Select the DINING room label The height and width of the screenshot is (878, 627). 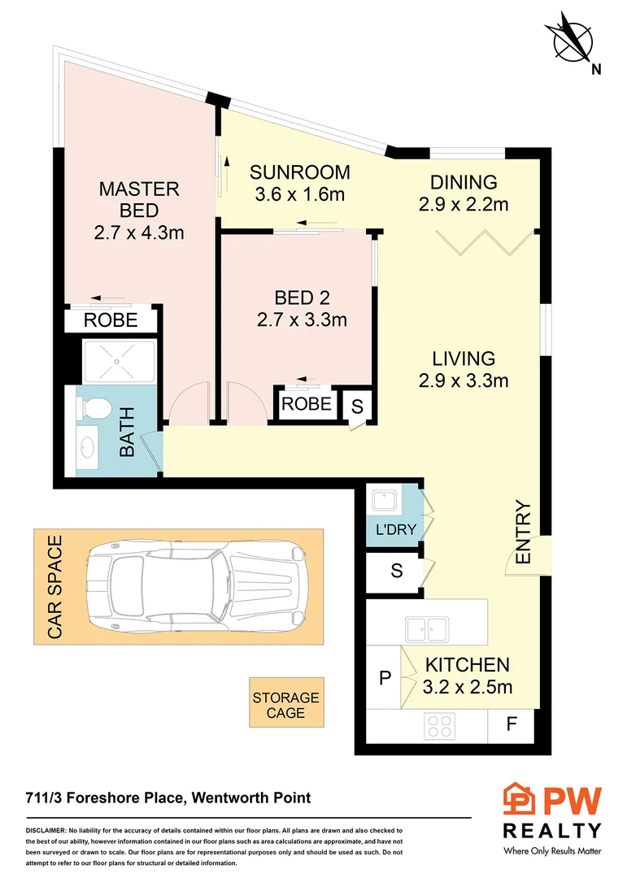[x=464, y=182]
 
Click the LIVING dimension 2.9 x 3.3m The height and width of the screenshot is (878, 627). [x=464, y=380]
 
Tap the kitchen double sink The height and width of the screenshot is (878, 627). [x=427, y=627]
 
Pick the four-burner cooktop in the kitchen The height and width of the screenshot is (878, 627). [x=440, y=724]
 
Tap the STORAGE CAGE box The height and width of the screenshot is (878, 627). [x=285, y=704]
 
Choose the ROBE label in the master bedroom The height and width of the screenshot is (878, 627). [x=112, y=320]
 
